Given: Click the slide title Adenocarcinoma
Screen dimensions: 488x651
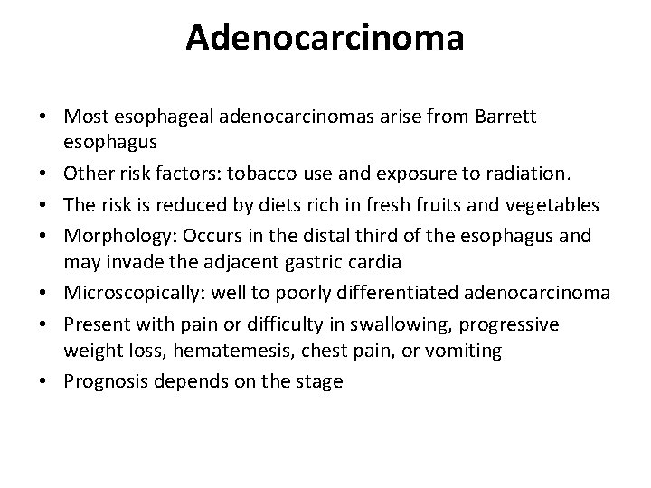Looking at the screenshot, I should (325, 38).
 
